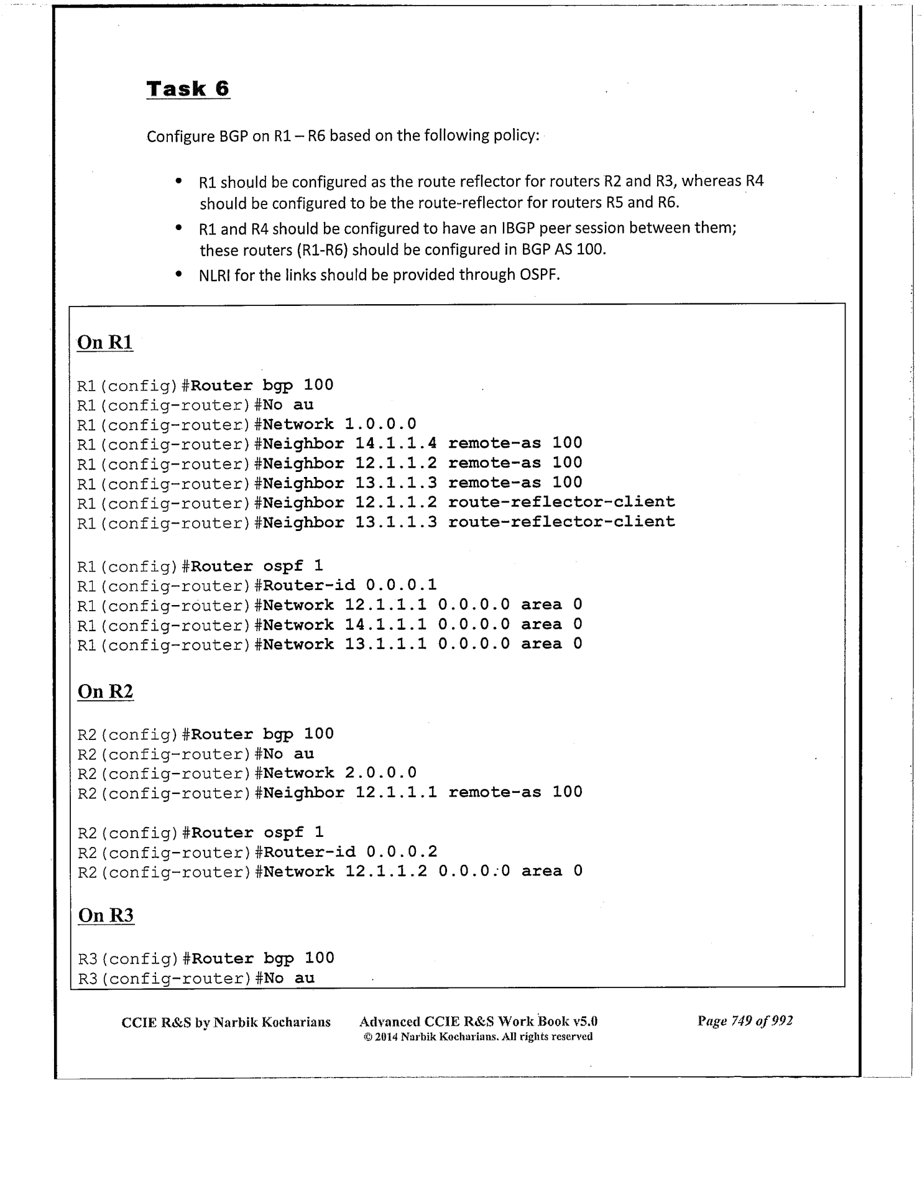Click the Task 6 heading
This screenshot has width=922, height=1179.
(x=188, y=89)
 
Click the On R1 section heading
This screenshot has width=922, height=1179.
(x=104, y=343)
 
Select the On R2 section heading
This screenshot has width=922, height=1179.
(x=105, y=691)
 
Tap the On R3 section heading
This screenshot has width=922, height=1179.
(x=106, y=915)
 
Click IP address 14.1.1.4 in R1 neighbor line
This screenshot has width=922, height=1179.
(x=396, y=443)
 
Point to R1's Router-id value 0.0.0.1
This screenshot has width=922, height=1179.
(x=401, y=585)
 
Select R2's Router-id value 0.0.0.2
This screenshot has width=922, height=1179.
(x=402, y=852)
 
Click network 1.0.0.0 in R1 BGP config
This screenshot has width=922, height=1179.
(x=380, y=424)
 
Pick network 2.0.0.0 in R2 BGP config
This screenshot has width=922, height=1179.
(x=380, y=773)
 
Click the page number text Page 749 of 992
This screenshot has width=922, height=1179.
(x=745, y=1021)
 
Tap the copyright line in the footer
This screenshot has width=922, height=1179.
(x=477, y=1037)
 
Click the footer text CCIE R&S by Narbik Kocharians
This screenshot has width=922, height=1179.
(x=226, y=1022)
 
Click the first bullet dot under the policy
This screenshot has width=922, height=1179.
(x=178, y=182)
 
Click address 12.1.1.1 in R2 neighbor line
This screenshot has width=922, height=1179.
(x=396, y=792)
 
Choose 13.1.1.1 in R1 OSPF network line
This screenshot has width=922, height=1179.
(x=385, y=644)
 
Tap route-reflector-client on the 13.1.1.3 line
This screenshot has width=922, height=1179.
(x=561, y=522)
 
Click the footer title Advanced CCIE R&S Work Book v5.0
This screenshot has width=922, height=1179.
(x=479, y=1021)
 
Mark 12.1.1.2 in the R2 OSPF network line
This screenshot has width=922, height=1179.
(x=386, y=871)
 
